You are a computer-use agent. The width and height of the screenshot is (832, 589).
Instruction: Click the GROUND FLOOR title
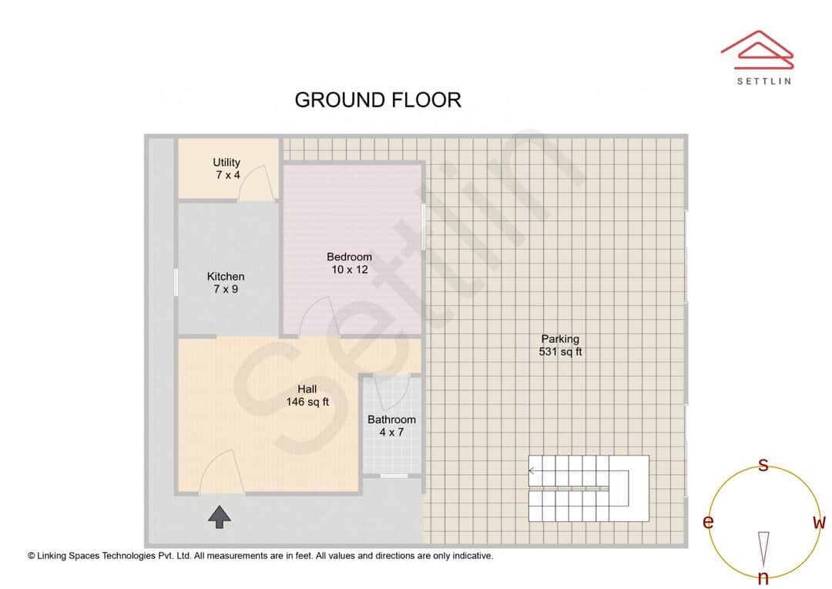click(x=377, y=100)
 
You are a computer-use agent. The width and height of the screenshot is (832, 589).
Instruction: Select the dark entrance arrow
click(x=220, y=517)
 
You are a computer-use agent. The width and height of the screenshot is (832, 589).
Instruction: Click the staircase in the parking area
click(x=588, y=489)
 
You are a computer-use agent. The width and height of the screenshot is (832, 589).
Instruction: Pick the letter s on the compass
click(x=763, y=465)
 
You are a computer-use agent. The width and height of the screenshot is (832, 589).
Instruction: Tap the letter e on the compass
click(x=708, y=523)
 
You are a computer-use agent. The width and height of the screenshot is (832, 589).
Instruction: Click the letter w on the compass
click(x=819, y=523)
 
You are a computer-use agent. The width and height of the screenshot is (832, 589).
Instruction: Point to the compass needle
click(x=763, y=548)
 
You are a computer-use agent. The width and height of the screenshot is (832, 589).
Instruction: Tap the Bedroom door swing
click(x=317, y=318)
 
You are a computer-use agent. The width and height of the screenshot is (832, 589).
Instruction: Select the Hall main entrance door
click(x=221, y=472)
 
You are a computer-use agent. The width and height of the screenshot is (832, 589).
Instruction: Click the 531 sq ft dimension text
click(x=560, y=352)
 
